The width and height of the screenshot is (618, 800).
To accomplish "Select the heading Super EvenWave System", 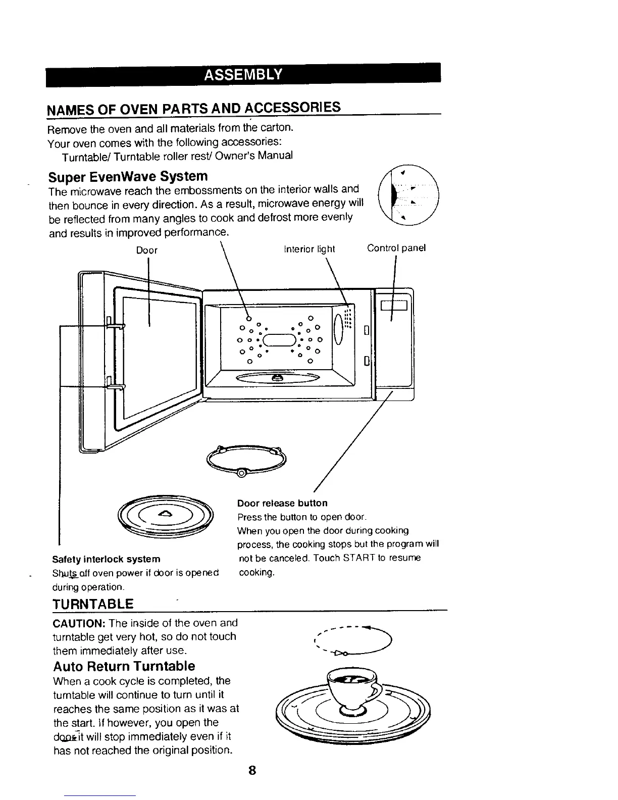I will (x=128, y=176).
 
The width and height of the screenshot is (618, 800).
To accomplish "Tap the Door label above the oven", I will (x=147, y=250).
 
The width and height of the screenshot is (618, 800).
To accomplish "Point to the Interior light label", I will (x=310, y=249).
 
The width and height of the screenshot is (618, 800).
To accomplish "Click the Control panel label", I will (x=396, y=248).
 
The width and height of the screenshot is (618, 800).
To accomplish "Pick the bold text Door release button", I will (x=282, y=503).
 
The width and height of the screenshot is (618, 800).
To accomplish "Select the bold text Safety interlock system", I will (x=107, y=559).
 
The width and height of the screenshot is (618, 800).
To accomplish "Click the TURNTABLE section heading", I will (x=93, y=604).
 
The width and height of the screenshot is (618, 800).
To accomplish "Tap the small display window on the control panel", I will (x=394, y=306).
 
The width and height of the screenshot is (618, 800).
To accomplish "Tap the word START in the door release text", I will (x=358, y=558).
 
